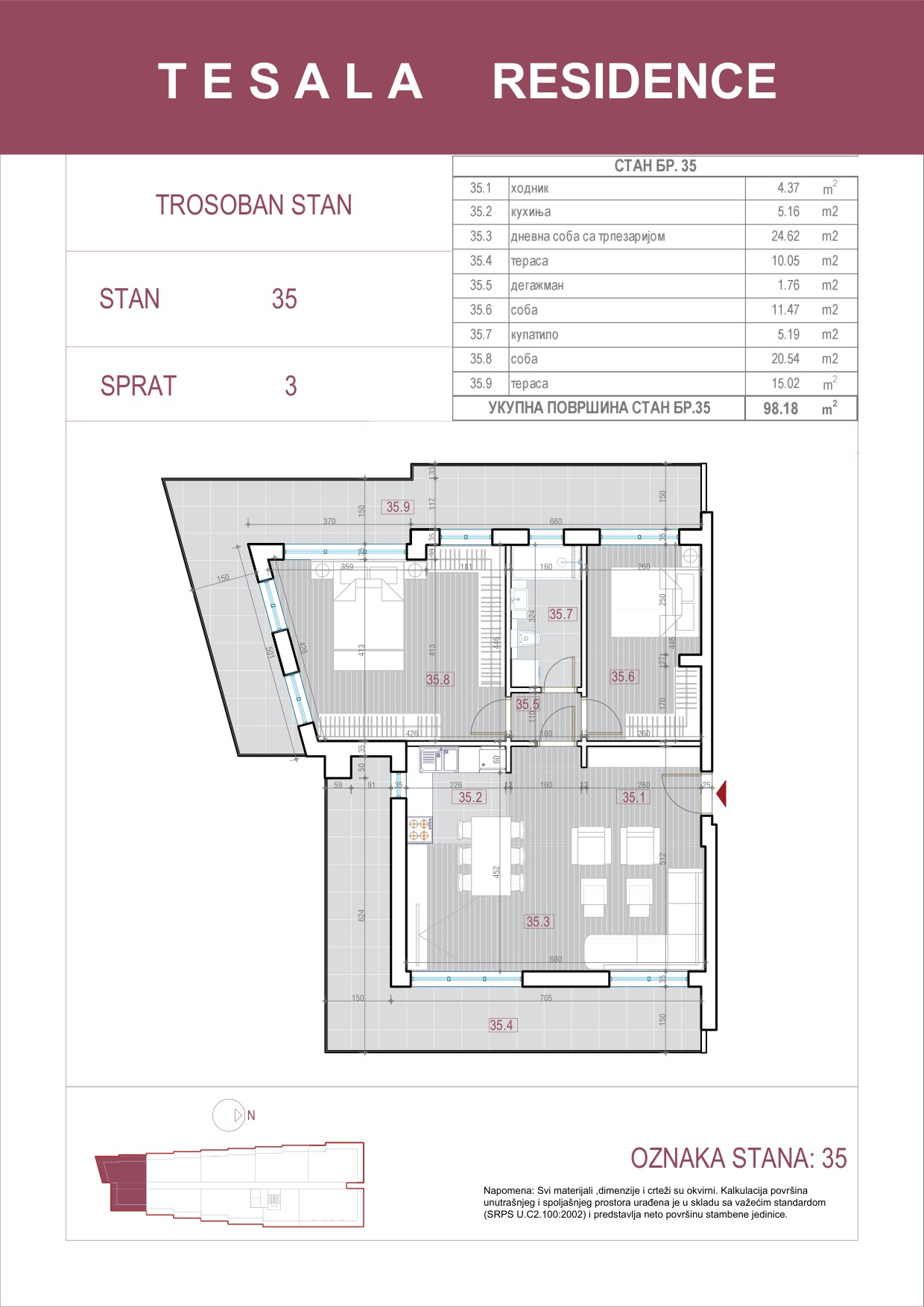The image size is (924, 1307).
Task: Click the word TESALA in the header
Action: point(291,81)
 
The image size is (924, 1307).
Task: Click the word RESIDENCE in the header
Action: point(634,81)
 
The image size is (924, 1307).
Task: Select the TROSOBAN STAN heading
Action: point(253,205)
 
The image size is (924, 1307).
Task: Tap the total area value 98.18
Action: point(780,408)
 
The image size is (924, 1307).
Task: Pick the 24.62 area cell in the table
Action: point(785,236)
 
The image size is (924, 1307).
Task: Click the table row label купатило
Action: point(534,334)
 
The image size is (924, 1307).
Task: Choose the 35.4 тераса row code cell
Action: point(481,261)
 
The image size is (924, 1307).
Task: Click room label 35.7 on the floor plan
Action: point(560,614)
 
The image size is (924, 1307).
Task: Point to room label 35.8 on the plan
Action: point(438,679)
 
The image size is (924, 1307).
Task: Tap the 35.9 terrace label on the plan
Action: point(398,507)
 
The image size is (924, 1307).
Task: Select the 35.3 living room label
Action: point(538,921)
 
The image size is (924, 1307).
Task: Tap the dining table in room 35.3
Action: point(491,856)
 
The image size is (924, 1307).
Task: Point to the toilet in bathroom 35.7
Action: point(528,638)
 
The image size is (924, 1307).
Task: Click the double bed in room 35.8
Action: point(368,622)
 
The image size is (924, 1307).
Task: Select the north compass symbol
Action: point(230,1115)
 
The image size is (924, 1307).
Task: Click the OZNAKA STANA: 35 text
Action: point(738,1158)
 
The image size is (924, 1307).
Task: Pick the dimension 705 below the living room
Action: point(545,998)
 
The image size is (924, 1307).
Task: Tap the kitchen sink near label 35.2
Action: point(440,759)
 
